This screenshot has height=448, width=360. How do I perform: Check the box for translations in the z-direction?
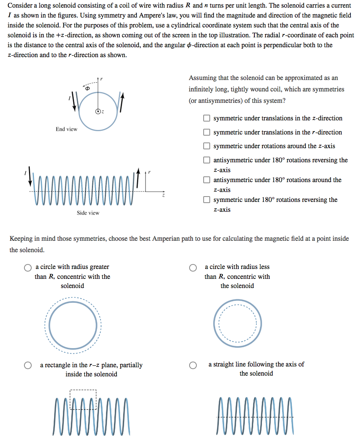point(206,118)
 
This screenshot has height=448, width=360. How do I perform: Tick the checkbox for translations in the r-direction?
point(206,132)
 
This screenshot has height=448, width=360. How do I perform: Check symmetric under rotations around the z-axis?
point(206,146)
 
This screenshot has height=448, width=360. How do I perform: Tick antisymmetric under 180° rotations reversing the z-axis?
point(206,160)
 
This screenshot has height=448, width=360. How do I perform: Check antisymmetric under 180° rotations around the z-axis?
point(206,180)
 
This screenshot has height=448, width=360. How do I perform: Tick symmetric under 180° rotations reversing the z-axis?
point(206,200)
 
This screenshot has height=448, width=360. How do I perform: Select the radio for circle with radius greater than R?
point(28,267)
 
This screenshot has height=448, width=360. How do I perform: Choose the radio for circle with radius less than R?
point(193,267)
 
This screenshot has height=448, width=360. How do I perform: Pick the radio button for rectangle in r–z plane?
point(28,365)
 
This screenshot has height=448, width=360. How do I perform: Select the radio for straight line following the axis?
point(193,365)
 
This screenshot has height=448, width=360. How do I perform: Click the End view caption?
point(66,129)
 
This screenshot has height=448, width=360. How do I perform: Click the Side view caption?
point(88,213)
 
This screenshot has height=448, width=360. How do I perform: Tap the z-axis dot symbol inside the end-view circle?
point(98,112)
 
